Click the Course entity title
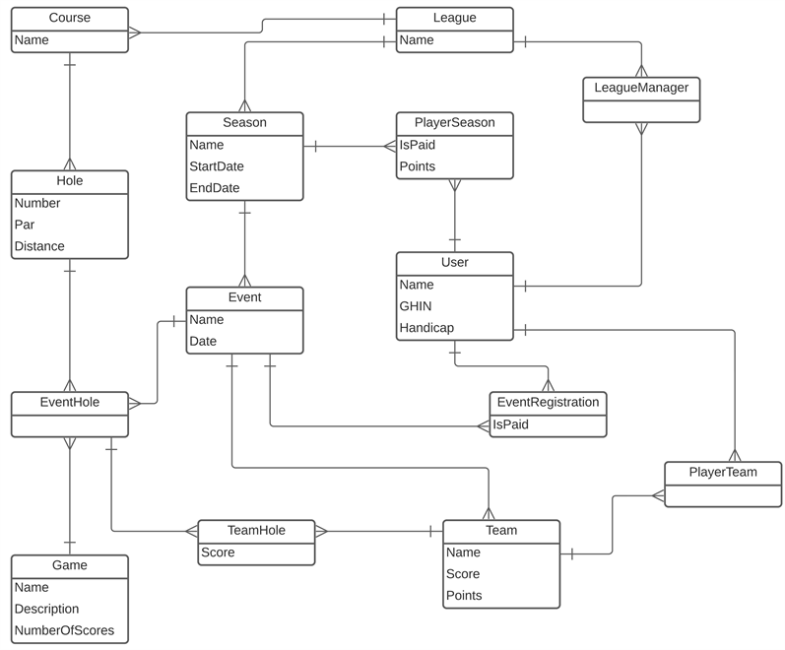(70, 18)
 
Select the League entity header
(454, 18)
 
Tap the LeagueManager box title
(641, 88)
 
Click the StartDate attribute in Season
(217, 166)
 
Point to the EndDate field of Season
(215, 188)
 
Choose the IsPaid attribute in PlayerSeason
(417, 145)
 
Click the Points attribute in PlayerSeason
(418, 166)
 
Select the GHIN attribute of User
(416, 306)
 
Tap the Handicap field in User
(426, 328)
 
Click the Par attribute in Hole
(25, 225)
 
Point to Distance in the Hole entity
(39, 246)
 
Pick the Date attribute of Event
(203, 341)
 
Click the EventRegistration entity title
(548, 402)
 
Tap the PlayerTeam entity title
(723, 472)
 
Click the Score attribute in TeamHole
(218, 552)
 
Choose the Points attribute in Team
(464, 596)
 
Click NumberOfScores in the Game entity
(64, 630)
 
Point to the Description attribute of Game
(46, 609)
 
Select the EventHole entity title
(70, 402)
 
